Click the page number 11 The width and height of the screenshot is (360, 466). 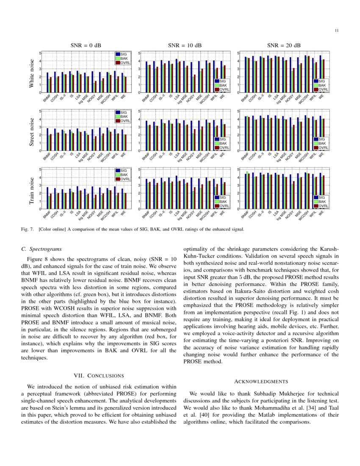[x=336, y=30]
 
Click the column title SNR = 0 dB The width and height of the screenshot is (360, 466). [x=86, y=45]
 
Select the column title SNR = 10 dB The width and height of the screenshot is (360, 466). [x=185, y=45]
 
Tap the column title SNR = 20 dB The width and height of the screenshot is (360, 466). [x=284, y=45]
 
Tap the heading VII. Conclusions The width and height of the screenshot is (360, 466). [x=99, y=375]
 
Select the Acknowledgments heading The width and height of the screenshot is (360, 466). [x=261, y=382]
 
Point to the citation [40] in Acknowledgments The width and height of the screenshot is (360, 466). [x=200, y=415]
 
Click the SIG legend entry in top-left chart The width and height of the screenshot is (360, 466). [x=123, y=54]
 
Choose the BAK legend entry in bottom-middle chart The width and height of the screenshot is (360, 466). [x=224, y=202]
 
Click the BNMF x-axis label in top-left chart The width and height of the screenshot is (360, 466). [x=46, y=98]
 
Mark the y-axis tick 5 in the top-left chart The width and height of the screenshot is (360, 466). [x=40, y=53]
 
